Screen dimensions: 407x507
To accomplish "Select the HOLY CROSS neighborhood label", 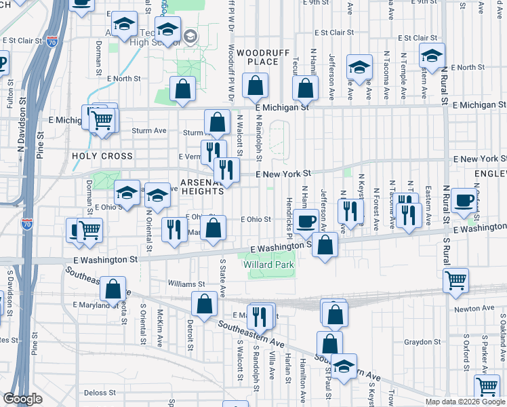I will coord(102,156).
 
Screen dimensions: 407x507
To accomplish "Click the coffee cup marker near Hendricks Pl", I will coord(306,220).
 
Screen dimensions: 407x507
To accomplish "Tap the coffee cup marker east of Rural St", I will coord(465,200).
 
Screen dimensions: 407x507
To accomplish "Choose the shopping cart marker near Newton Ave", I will coord(455,279).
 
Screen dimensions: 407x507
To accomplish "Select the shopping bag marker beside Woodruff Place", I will coord(256,86).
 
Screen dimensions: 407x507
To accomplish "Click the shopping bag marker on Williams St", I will coord(113,288).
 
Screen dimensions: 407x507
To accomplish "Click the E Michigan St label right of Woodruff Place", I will coord(282,106).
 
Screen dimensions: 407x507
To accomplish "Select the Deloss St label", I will coord(100,393).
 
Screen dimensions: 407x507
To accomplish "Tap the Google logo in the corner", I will coord(23,400).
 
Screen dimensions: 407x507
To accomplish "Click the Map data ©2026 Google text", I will coord(466,402).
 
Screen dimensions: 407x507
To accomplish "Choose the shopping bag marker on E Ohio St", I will coord(214,229).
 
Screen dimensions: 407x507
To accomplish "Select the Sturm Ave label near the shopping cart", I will coord(149,130).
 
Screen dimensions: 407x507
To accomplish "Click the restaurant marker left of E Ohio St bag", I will coord(174,231).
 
